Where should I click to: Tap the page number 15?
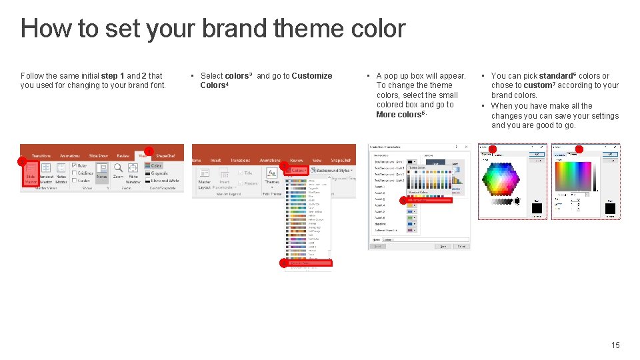[x=615, y=345]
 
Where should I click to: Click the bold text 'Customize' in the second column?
[x=311, y=76]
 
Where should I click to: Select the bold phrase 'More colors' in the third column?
[x=398, y=115]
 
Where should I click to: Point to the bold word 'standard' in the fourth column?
[x=556, y=76]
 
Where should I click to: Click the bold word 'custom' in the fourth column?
[x=537, y=85]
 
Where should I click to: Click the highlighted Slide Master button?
[x=31, y=174]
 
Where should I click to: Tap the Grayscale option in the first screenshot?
[x=159, y=173]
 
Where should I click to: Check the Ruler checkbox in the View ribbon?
[x=75, y=165]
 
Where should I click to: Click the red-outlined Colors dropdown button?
[x=297, y=170]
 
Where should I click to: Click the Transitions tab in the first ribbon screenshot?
[x=41, y=155]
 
